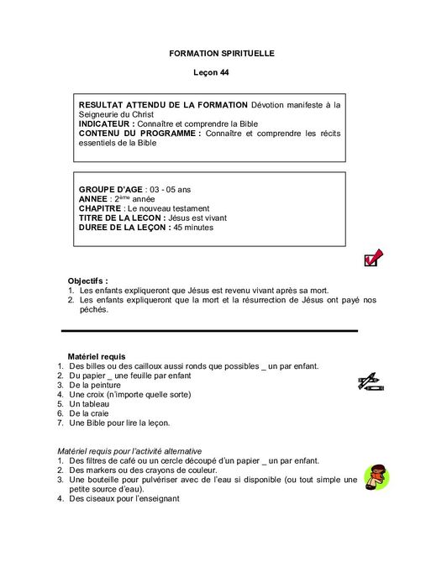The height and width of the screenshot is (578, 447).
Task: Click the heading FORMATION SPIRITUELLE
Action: (222, 53)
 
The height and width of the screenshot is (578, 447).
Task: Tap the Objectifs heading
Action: (88, 280)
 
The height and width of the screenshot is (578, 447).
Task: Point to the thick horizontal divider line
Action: (210, 330)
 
